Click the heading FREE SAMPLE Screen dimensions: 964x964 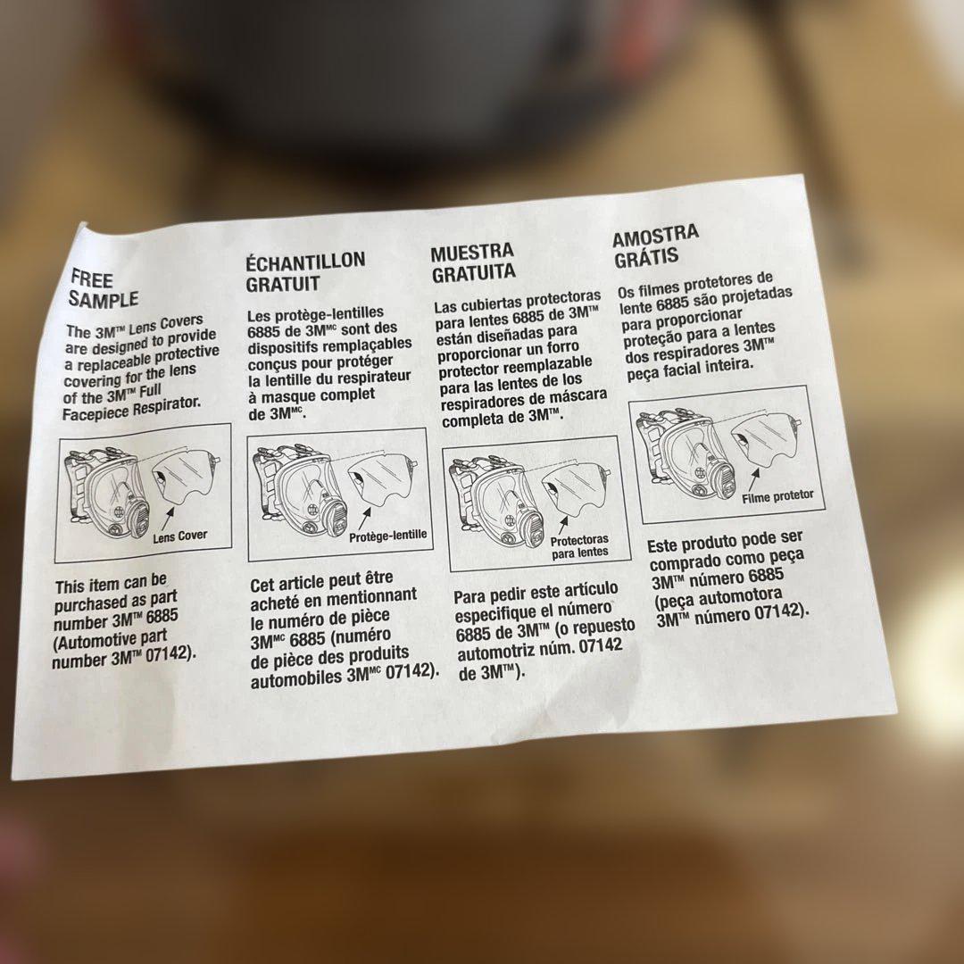click(x=104, y=289)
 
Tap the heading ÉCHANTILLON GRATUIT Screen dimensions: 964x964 click(x=305, y=271)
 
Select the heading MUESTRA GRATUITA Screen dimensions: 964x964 click(x=473, y=262)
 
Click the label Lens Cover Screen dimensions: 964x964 click(x=179, y=536)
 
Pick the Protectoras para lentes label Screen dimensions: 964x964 click(x=579, y=546)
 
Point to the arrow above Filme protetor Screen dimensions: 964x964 click(x=754, y=479)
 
